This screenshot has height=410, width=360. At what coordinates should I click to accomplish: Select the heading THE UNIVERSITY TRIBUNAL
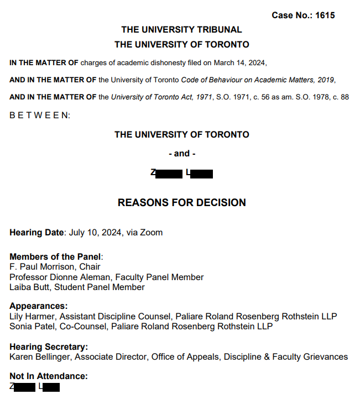[181, 30]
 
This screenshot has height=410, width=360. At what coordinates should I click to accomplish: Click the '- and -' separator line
[181, 154]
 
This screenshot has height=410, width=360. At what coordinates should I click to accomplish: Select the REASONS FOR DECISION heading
[181, 203]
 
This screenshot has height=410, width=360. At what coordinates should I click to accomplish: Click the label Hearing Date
[37, 233]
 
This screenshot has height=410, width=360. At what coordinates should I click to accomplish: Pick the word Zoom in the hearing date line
[152, 233]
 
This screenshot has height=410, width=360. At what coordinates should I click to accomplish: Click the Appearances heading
[38, 306]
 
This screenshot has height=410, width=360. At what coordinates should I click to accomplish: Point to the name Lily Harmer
[32, 317]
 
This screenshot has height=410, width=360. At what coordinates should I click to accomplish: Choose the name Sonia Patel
[31, 327]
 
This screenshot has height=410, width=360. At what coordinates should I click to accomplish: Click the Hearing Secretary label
[48, 346]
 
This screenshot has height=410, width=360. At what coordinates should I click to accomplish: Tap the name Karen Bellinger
[39, 357]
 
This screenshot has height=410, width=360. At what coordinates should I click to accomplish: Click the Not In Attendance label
[48, 376]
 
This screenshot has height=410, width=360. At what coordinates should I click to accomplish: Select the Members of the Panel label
[56, 256]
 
